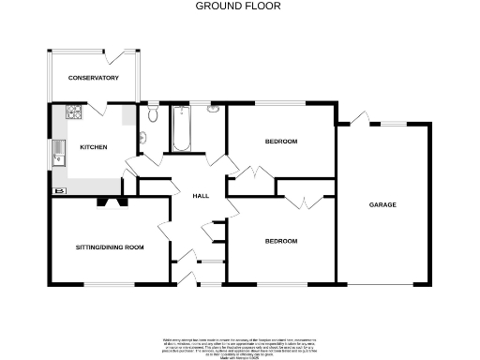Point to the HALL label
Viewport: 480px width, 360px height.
[x=201, y=195]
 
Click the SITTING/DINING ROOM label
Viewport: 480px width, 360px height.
[x=110, y=247]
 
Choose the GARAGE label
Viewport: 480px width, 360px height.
[x=382, y=204]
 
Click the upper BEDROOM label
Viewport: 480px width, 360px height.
[x=280, y=142]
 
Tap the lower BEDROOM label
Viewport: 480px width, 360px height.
[x=280, y=241]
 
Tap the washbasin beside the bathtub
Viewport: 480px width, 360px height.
[x=213, y=112]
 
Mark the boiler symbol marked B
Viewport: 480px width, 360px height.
[x=61, y=191]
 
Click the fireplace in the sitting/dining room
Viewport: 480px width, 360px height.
[x=113, y=199]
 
